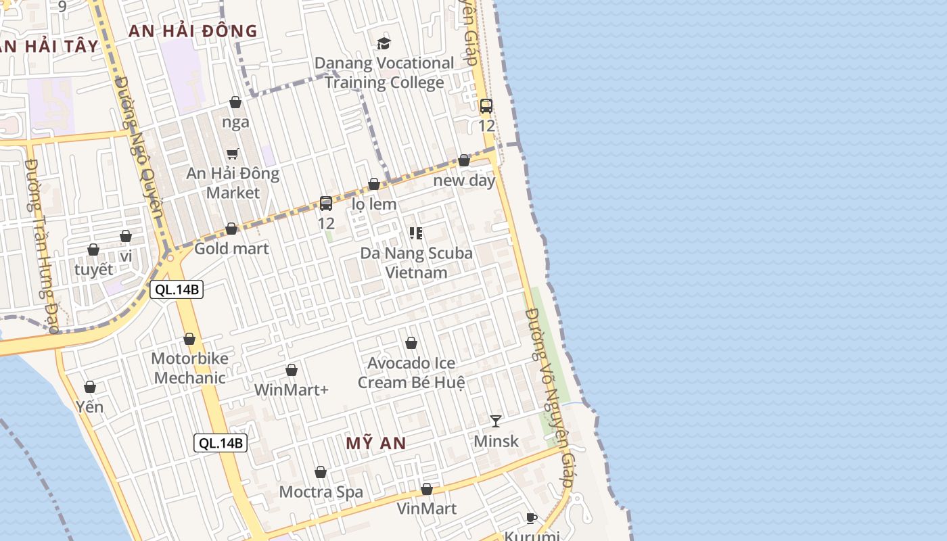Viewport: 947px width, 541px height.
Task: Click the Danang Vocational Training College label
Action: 384,73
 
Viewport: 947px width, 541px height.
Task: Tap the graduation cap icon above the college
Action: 384,44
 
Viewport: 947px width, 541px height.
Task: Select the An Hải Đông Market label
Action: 233,183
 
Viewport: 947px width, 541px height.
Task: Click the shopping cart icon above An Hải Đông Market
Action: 233,154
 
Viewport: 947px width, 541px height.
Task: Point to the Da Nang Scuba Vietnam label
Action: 416,263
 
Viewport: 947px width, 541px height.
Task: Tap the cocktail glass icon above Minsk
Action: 496,421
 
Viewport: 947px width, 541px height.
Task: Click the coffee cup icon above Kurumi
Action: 532,519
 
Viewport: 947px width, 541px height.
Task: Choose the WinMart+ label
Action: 291,390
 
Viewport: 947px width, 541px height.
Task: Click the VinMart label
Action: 426,509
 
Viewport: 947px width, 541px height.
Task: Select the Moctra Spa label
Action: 321,492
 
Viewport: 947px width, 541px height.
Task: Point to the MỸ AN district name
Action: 376,444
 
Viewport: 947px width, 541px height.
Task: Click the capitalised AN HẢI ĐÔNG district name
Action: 193,31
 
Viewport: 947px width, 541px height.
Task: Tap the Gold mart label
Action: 231,249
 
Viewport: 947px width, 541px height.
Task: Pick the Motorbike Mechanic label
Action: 189,368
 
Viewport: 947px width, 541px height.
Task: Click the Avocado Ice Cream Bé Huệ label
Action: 411,373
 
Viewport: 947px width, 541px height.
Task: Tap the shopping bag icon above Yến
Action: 90,387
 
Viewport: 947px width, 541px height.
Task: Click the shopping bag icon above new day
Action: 464,161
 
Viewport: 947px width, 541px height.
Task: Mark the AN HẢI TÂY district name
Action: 49,47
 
